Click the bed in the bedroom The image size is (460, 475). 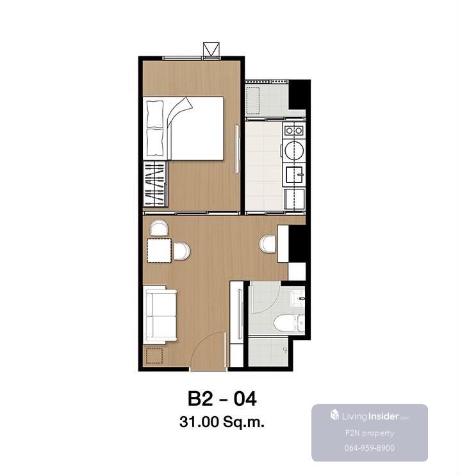(x=183, y=128)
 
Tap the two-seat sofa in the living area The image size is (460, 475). (x=160, y=315)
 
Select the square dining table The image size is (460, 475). (x=159, y=250)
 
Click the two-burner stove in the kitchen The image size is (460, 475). (x=294, y=131)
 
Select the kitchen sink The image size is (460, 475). (x=294, y=176)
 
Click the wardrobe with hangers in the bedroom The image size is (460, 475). (x=155, y=184)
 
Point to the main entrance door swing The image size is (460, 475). (x=209, y=350)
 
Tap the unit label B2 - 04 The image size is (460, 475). (x=222, y=399)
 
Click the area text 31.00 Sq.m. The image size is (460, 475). (x=222, y=422)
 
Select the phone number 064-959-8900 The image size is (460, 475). (x=369, y=447)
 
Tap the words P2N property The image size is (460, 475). (x=370, y=433)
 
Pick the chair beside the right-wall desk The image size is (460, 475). (x=268, y=244)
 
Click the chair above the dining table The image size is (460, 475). (x=159, y=229)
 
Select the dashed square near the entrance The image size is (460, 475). (x=154, y=356)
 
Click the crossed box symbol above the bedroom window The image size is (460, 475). (x=211, y=49)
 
